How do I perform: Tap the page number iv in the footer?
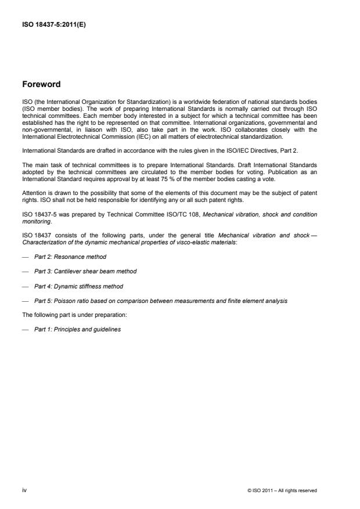[24, 490]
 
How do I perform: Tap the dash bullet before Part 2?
[25, 256]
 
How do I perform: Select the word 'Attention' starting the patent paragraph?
[33, 193]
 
